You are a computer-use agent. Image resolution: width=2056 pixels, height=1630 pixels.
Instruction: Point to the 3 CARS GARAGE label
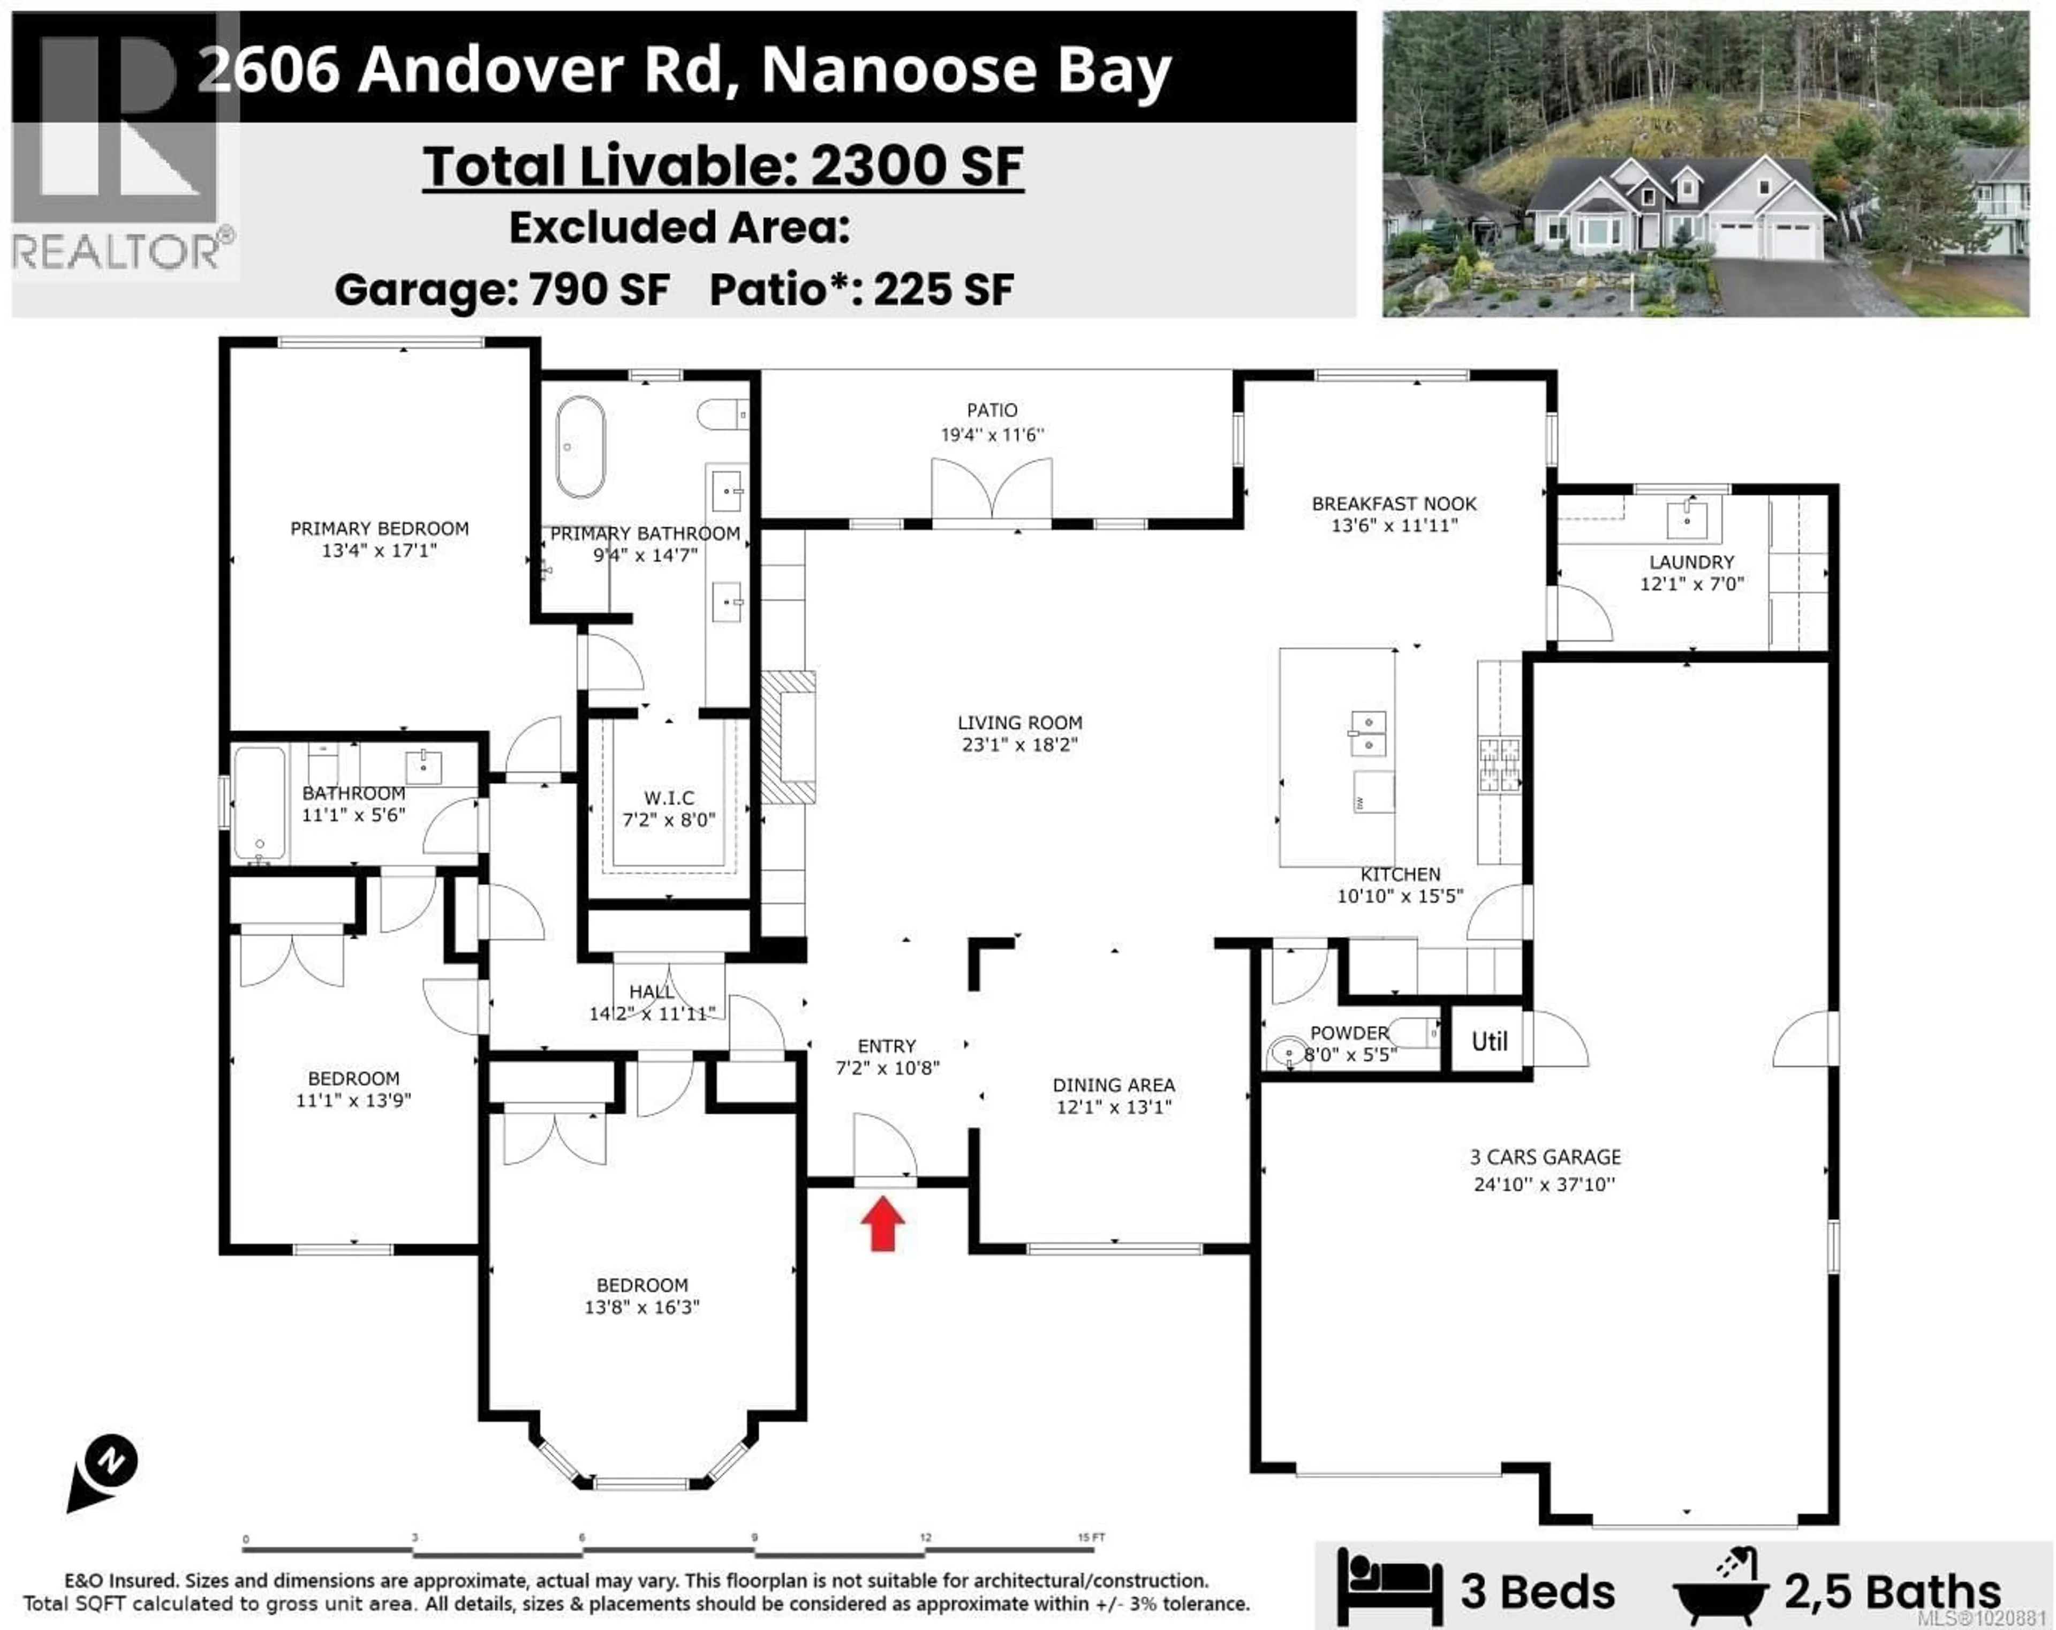click(x=1545, y=1157)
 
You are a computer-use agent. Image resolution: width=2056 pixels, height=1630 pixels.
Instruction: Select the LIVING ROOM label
click(x=1019, y=723)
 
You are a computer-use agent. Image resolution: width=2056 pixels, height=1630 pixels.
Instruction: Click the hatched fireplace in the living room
click(x=788, y=737)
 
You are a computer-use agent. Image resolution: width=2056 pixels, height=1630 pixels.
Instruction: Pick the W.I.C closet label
click(x=669, y=798)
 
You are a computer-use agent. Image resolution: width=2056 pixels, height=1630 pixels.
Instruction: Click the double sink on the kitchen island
click(x=1369, y=732)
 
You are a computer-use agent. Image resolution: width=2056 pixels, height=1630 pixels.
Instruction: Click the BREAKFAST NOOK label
click(x=1393, y=504)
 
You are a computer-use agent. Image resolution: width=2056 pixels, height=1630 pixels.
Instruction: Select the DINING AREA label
click(x=1113, y=1085)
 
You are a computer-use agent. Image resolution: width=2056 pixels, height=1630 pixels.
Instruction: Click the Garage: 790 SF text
click(x=502, y=290)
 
